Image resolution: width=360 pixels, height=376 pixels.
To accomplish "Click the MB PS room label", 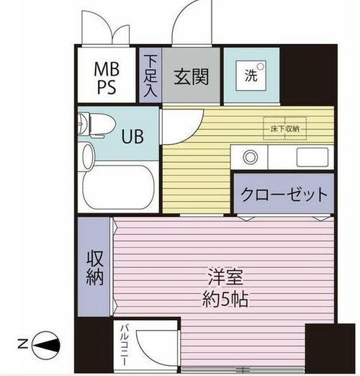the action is (x=107, y=78).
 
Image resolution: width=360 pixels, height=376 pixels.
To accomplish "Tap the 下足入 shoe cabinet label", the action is (x=150, y=76).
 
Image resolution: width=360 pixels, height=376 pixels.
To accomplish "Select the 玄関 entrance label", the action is (x=191, y=77).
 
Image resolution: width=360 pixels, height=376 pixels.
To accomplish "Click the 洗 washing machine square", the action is (x=251, y=76).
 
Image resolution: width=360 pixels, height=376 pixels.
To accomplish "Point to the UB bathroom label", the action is (x=132, y=136).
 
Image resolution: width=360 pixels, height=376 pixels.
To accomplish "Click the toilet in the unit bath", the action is (x=97, y=125).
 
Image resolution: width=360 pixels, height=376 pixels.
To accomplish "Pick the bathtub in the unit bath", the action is (x=119, y=187).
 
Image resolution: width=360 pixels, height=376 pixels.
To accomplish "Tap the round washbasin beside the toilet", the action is (x=88, y=156).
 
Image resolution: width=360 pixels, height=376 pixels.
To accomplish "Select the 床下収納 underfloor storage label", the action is (x=285, y=129).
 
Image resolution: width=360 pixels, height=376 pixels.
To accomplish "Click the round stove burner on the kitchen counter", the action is (x=251, y=157).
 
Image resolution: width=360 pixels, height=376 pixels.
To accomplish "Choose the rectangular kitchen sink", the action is (x=312, y=157).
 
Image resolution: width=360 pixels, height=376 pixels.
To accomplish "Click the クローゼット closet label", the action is (x=284, y=194).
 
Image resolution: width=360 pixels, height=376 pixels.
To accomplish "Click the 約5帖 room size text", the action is (x=225, y=299).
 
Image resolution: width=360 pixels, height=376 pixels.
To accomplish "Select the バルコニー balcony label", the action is (x=124, y=345).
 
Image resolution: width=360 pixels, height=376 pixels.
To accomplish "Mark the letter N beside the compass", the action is (x=23, y=344).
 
